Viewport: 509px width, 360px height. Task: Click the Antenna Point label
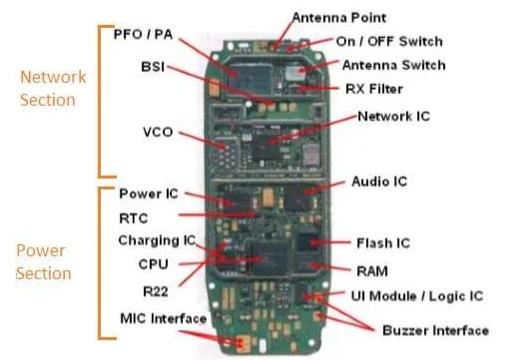tap(339, 17)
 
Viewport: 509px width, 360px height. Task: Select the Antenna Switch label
tap(393, 65)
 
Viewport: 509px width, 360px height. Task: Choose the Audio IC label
tap(379, 181)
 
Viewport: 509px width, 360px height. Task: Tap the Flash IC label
tap(383, 242)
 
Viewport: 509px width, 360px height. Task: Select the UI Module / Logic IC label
tap(417, 295)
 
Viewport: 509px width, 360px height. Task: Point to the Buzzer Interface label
tap(436, 330)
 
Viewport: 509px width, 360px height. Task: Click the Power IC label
tap(149, 192)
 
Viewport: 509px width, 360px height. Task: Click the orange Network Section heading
tap(53, 87)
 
